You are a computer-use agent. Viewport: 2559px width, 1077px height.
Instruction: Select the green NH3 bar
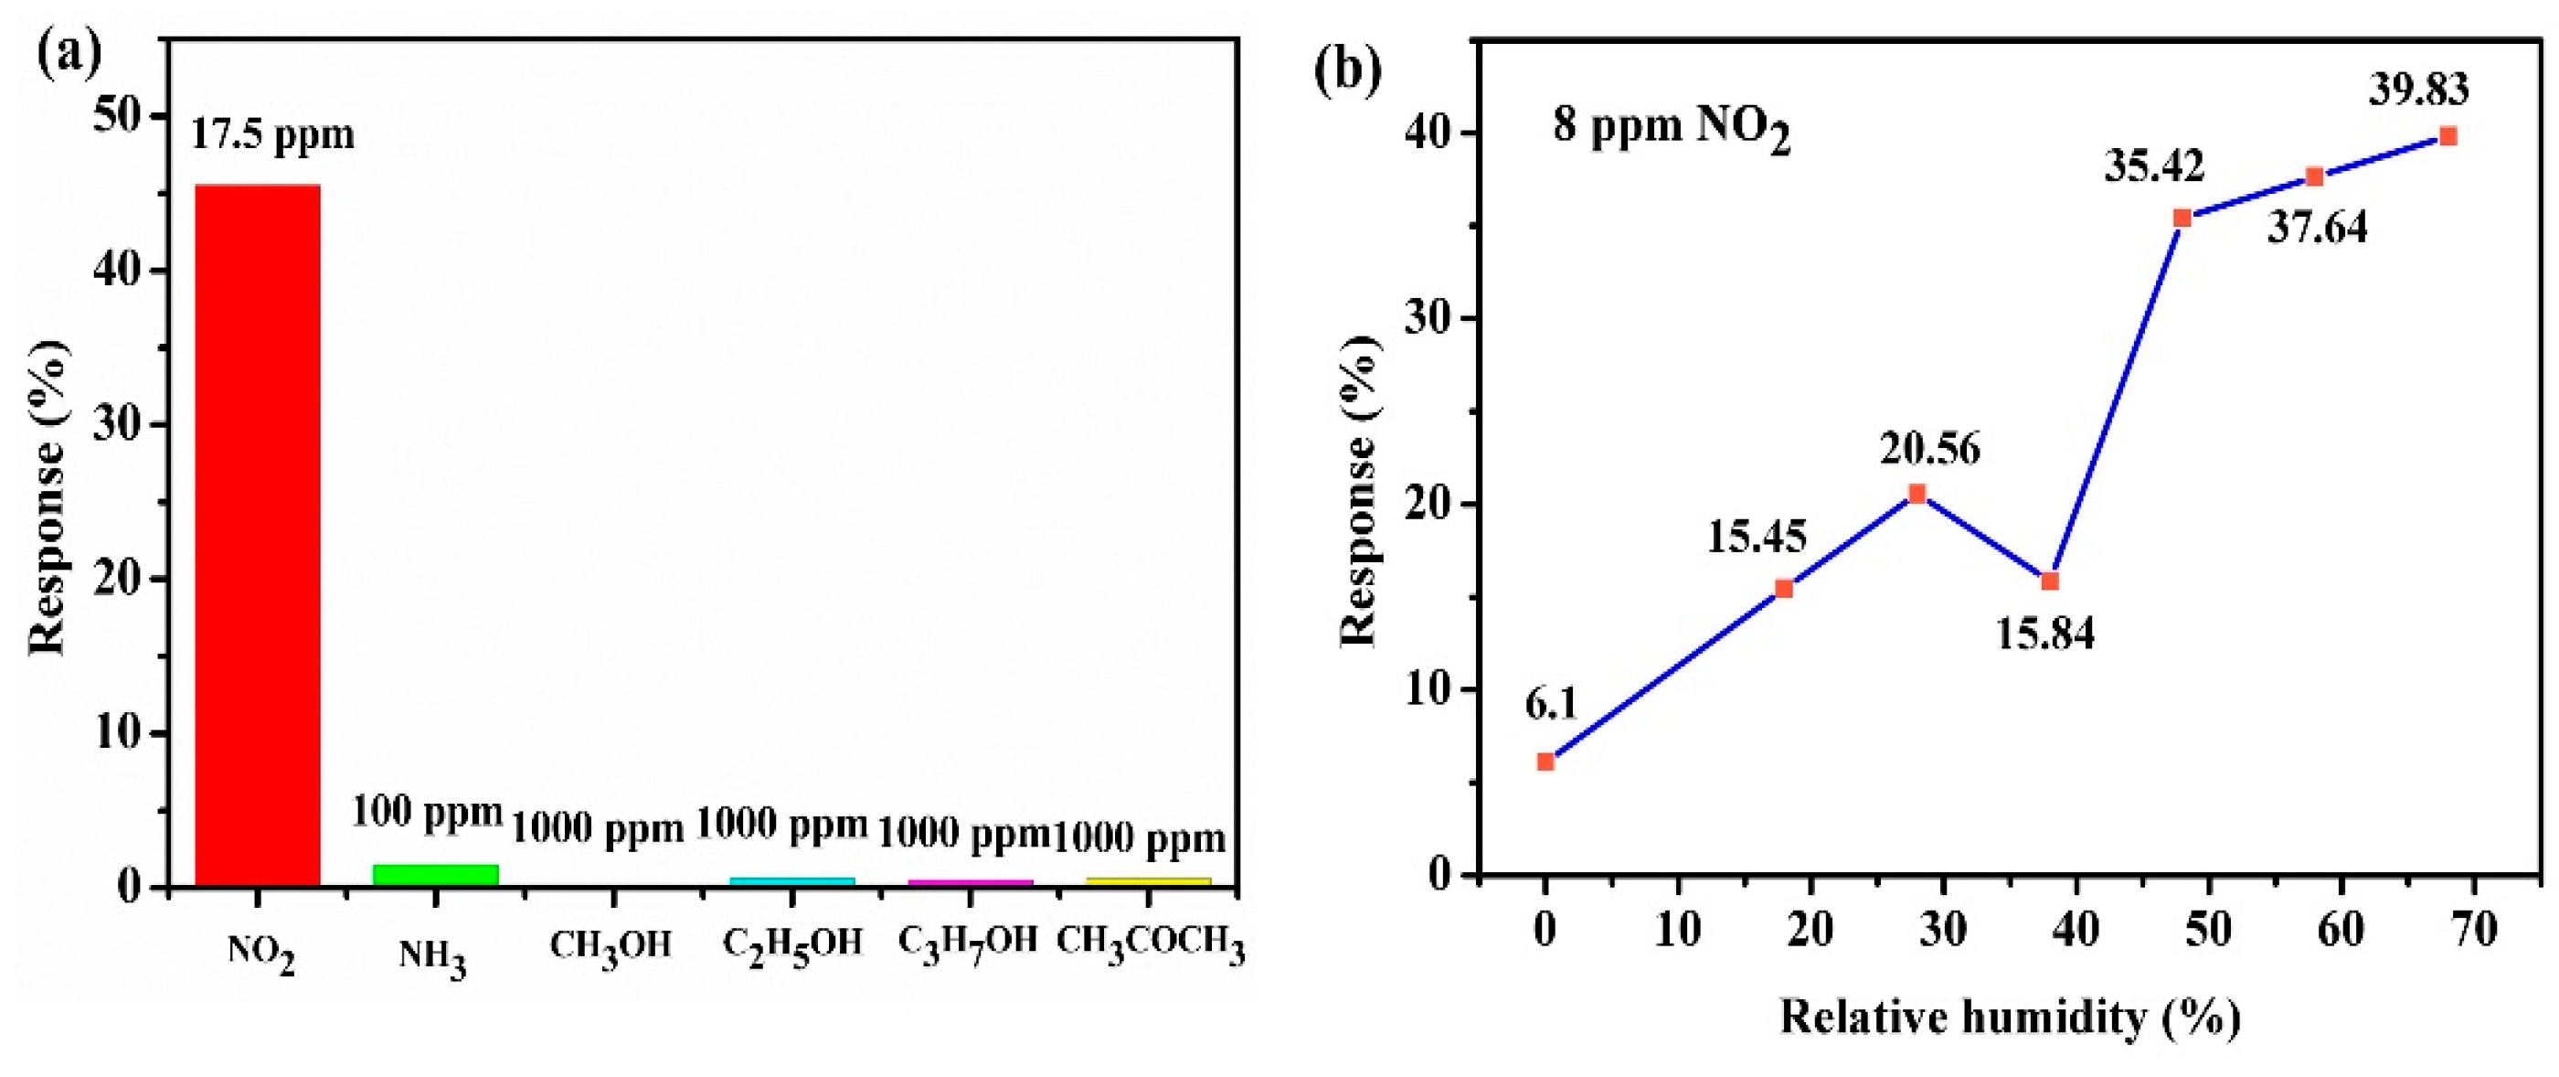[435, 873]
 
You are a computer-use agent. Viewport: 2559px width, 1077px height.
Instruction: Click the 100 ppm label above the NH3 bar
[427, 813]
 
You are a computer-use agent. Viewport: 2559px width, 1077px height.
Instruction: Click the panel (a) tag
[69, 57]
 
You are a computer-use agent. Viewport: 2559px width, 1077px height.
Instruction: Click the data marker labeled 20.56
[1917, 494]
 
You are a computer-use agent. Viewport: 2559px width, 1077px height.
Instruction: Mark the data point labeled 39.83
[2448, 136]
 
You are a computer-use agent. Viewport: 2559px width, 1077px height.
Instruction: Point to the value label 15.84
[2045, 633]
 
